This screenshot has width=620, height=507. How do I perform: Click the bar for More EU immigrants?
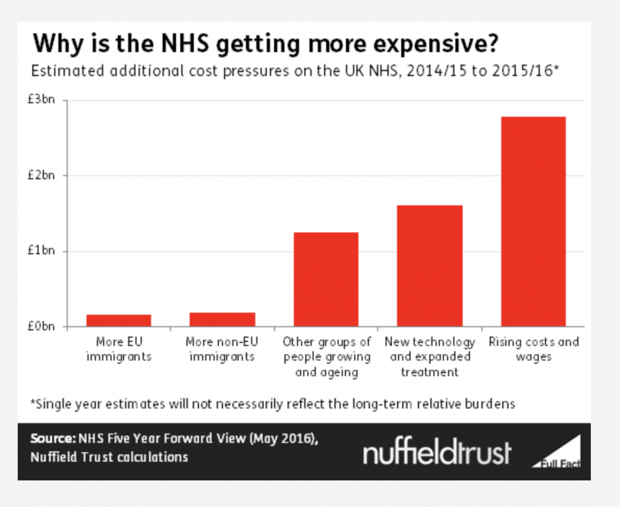[x=118, y=320]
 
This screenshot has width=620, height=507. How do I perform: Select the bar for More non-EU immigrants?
[x=222, y=319]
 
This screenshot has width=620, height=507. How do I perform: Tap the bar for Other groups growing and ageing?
[x=326, y=279]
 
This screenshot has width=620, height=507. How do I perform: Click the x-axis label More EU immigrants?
[x=118, y=349]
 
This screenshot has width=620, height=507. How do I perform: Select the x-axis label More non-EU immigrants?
[x=222, y=349]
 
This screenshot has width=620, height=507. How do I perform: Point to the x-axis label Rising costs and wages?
[x=533, y=349]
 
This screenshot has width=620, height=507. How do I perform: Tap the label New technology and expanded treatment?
[x=430, y=357]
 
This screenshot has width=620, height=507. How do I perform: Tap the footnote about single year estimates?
[x=273, y=404]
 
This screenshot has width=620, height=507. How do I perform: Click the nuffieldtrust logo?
[x=437, y=453]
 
